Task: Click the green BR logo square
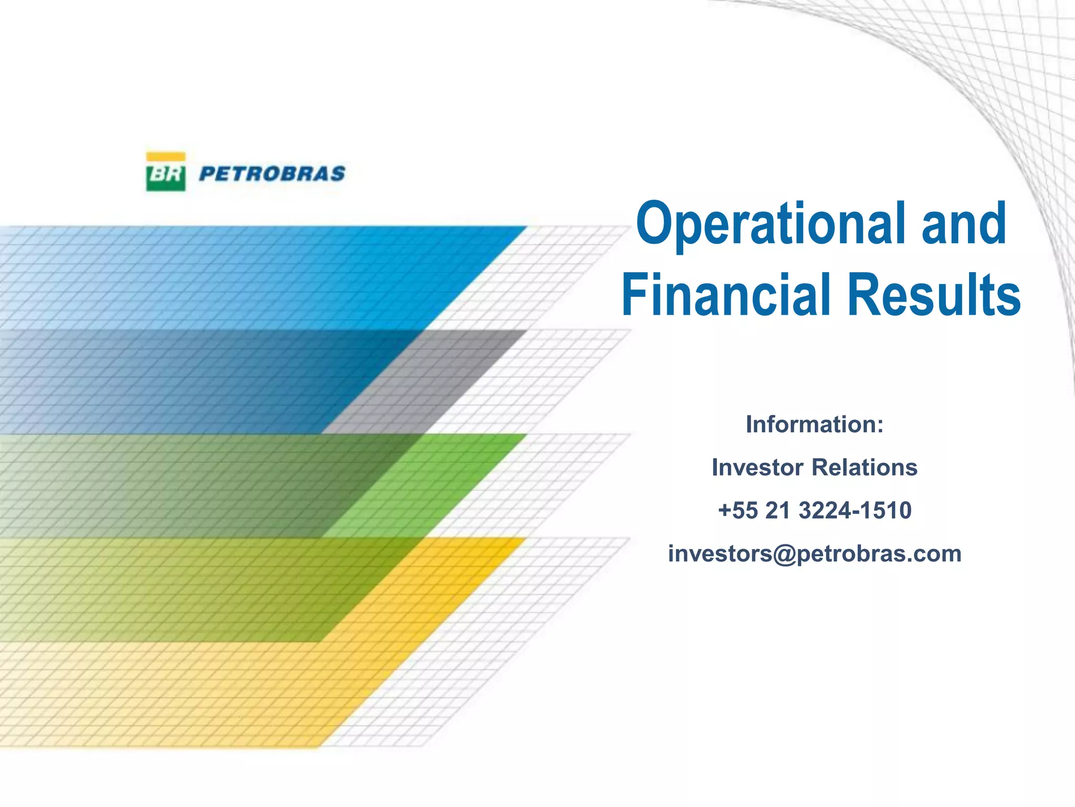[x=165, y=176]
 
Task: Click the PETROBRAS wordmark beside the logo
[x=272, y=174]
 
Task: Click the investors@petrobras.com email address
[x=815, y=554]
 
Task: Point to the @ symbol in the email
[x=785, y=555]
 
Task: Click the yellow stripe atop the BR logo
[x=165, y=157]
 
